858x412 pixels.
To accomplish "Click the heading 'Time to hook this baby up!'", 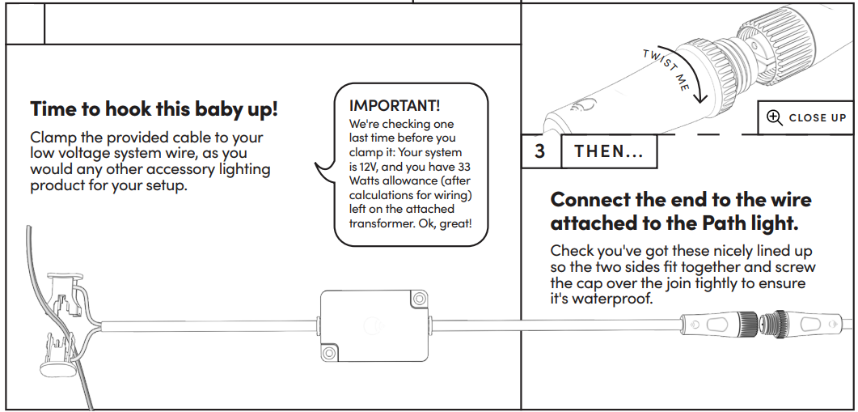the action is click(154, 109).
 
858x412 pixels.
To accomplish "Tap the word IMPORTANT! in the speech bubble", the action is click(395, 105).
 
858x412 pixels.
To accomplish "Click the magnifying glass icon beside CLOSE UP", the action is click(774, 118).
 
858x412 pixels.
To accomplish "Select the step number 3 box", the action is click(540, 151).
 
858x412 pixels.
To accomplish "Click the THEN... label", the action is click(608, 151).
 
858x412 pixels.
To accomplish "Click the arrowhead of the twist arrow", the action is click(700, 97).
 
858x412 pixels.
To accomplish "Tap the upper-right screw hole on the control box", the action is click(419, 299).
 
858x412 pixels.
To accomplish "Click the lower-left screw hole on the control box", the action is click(329, 352).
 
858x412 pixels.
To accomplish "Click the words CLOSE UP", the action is click(818, 118).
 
